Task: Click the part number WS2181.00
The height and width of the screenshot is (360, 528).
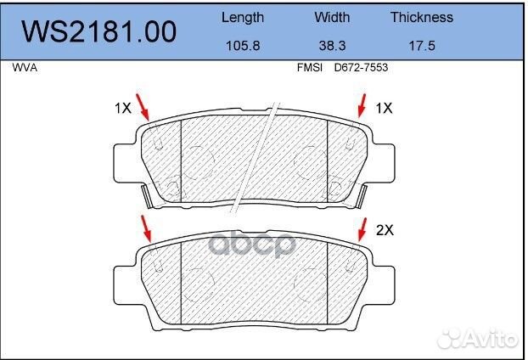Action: pyautogui.click(x=98, y=31)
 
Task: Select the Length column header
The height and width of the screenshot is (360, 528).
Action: pyautogui.click(x=243, y=18)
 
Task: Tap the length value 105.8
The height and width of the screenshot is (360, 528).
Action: pyautogui.click(x=243, y=46)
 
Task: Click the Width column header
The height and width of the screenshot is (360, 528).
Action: pyautogui.click(x=332, y=17)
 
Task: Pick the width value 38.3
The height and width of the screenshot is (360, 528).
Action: pyautogui.click(x=332, y=46)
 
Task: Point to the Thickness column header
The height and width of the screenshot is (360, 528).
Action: pyautogui.click(x=422, y=17)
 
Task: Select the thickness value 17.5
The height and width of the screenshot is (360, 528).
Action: pyautogui.click(x=422, y=46)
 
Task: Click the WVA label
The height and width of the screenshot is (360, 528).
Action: pyautogui.click(x=25, y=67)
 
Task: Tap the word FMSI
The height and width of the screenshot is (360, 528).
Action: pyautogui.click(x=310, y=67)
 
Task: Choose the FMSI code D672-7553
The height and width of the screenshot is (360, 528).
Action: pyautogui.click(x=361, y=67)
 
